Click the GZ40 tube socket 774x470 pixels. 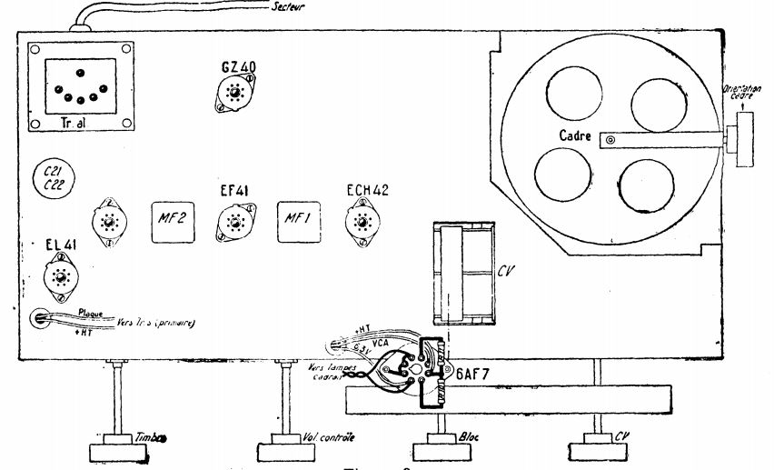pos(235,94)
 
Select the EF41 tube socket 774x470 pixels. pos(235,221)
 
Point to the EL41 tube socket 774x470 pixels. pos(61,279)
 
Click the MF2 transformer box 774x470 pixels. pos(173,221)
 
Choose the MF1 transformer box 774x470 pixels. pos(300,221)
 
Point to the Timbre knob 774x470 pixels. pos(118,450)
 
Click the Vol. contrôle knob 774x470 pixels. pos(288,450)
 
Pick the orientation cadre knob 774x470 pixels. pos(745,139)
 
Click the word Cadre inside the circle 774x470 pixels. pos(576,137)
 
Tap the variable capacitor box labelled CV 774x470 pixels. pos(462,273)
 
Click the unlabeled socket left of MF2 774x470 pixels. pos(108,222)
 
